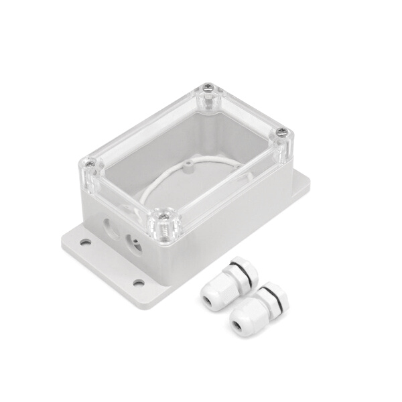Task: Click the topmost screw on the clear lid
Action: [208, 88]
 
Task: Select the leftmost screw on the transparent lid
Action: [88, 162]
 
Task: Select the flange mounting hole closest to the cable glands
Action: [138, 282]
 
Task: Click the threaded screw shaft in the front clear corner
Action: [163, 231]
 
